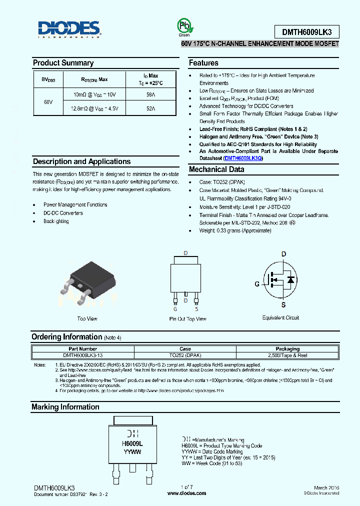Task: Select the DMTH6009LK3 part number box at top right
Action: (x=306, y=32)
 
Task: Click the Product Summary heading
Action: (x=63, y=63)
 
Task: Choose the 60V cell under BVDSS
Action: (x=48, y=101)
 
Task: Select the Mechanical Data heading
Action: (x=216, y=169)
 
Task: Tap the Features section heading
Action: (x=203, y=63)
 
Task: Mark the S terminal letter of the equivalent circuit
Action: (x=283, y=304)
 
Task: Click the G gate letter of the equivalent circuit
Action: (x=257, y=283)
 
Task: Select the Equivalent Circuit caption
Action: (x=280, y=317)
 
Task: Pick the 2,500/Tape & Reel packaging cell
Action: (x=287, y=355)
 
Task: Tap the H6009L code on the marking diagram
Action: (x=132, y=443)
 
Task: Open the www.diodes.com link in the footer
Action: (x=186, y=493)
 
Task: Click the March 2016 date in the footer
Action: (x=326, y=487)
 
